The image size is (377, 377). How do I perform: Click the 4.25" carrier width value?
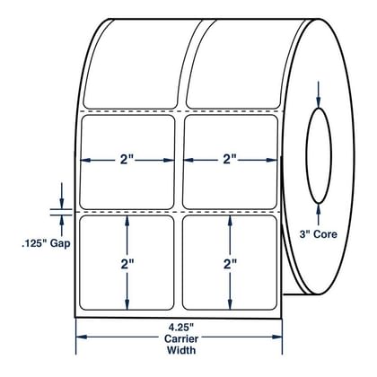[x=181, y=326]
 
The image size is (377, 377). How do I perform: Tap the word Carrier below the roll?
[x=181, y=338]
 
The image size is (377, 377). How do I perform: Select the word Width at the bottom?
[x=181, y=350]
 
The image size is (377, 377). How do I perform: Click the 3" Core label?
[x=319, y=234]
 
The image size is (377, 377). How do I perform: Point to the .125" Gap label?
[x=46, y=243]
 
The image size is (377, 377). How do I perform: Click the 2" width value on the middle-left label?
[x=127, y=160]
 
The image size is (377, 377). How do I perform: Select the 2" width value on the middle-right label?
[x=229, y=160]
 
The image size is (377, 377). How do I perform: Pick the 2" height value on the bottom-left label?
[x=127, y=264]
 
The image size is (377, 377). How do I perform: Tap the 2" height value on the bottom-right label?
[x=230, y=264]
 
